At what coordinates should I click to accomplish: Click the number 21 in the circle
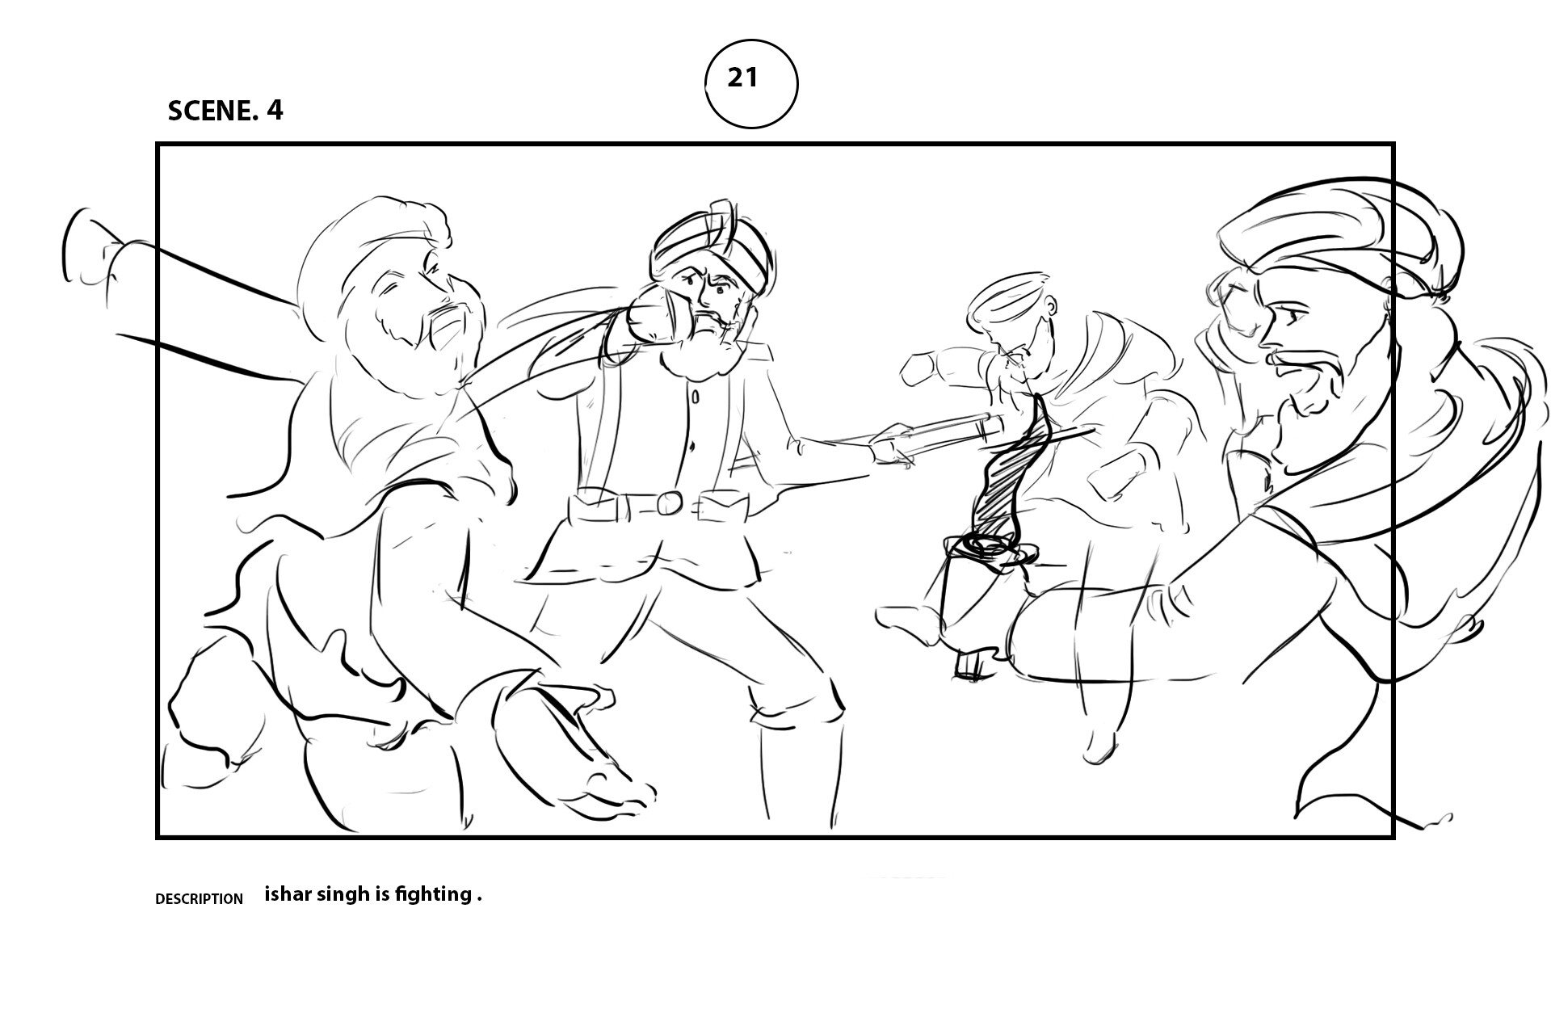(x=742, y=78)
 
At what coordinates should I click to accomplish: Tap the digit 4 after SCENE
(x=275, y=111)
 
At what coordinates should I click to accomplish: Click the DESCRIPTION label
(x=198, y=899)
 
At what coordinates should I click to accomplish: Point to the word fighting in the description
(x=432, y=895)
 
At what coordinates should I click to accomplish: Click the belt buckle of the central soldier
(x=670, y=503)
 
